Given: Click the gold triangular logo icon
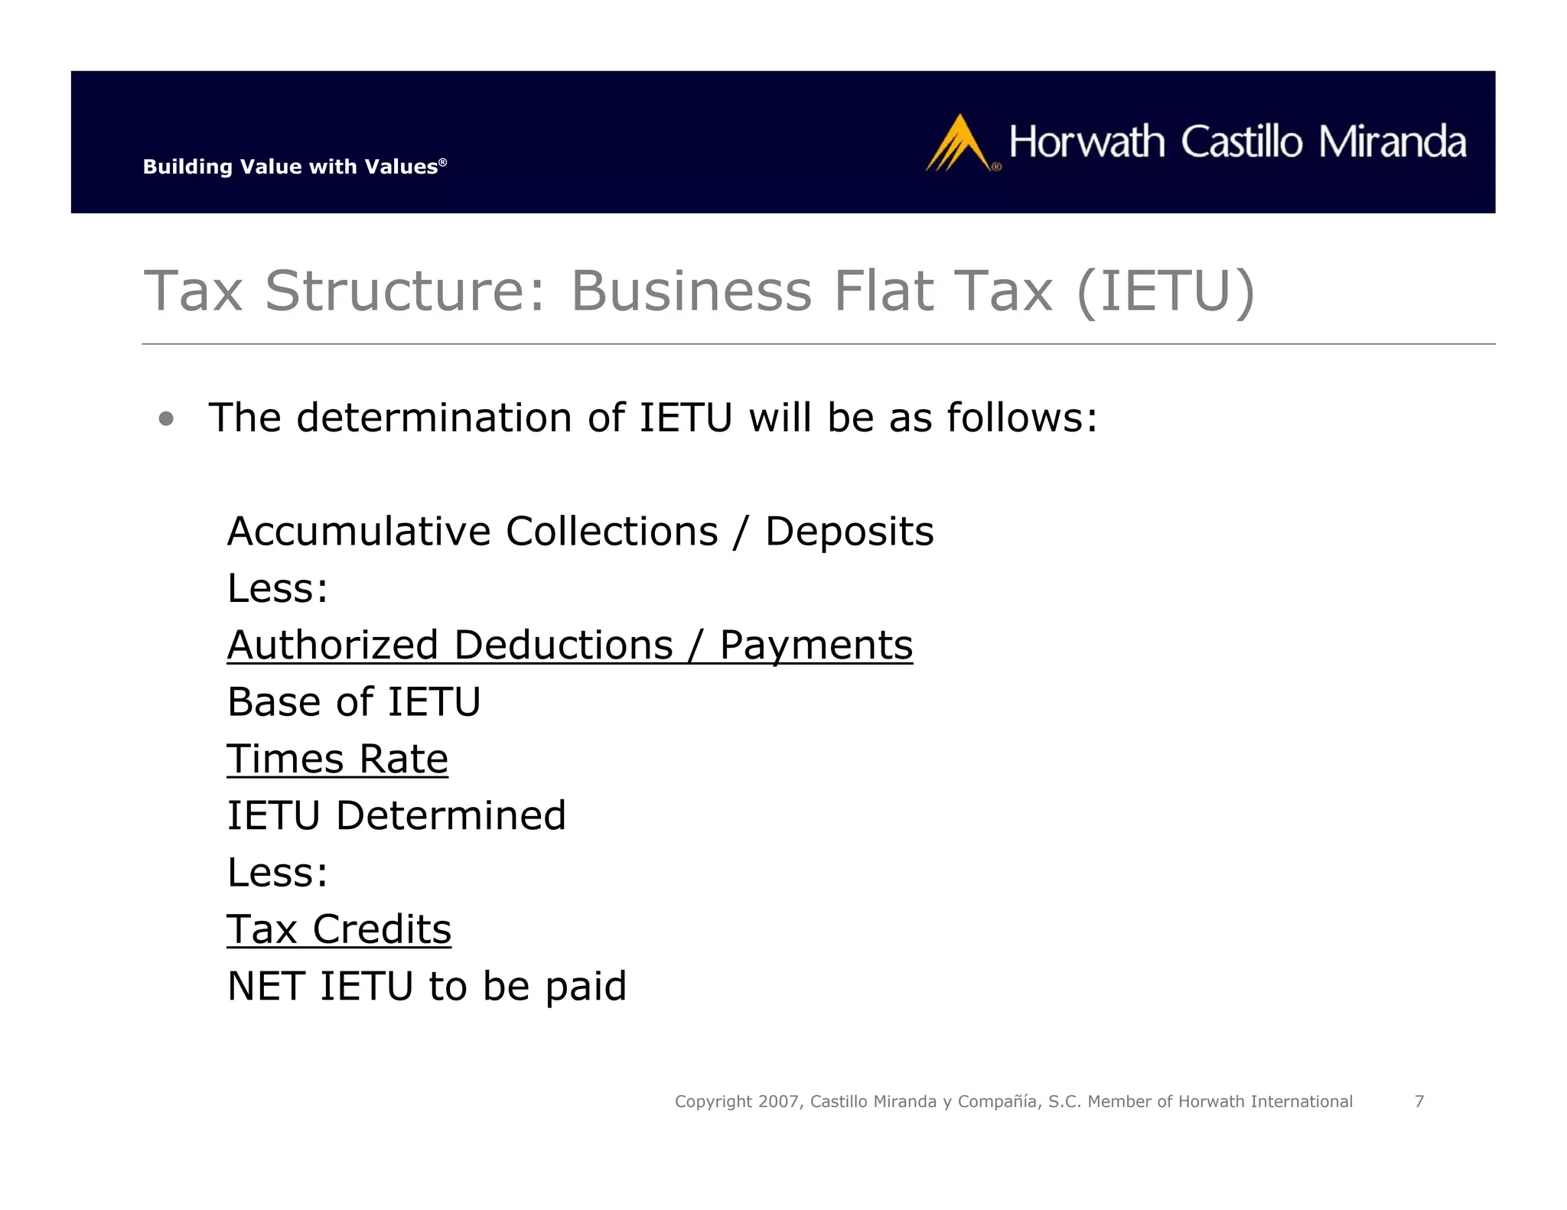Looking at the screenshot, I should tap(959, 144).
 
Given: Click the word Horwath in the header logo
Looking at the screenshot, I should tap(1086, 142).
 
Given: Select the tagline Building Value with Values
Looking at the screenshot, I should tap(294, 167).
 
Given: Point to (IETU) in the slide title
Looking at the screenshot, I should tap(1165, 291).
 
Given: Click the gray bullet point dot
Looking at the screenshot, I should tap(166, 418).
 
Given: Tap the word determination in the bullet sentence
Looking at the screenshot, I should tap(434, 418).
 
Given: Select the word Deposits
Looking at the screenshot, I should tap(849, 531).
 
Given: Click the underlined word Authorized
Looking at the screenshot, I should tap(333, 644).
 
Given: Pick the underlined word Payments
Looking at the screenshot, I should tap(816, 644).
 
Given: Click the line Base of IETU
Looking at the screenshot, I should tap(353, 701).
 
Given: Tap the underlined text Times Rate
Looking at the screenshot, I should tap(337, 759).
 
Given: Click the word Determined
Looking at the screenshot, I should tap(451, 815).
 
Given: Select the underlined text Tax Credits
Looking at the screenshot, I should tap(339, 929).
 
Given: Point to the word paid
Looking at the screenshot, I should tap(585, 986).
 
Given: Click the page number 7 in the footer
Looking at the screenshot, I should tap(1419, 1101).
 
